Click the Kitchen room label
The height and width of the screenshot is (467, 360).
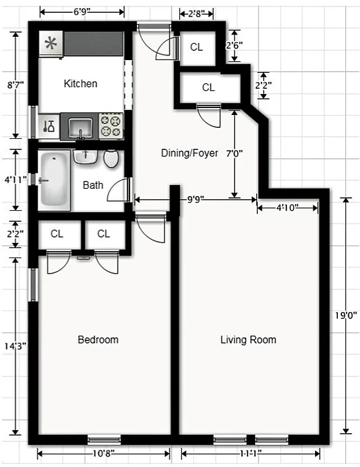81,83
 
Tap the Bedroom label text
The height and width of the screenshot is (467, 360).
98,340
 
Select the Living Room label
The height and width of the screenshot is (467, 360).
248,340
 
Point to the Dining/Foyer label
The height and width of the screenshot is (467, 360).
190,153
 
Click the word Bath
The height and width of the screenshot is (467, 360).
93,185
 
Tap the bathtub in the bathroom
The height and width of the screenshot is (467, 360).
54,180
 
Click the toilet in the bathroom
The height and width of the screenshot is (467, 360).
111,158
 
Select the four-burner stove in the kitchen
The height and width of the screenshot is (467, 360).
110,126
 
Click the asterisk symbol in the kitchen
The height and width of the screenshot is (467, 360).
51,43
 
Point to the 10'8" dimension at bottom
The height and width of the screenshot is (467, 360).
103,453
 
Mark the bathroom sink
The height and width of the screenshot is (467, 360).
85,156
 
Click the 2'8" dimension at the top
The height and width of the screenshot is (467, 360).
195,13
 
